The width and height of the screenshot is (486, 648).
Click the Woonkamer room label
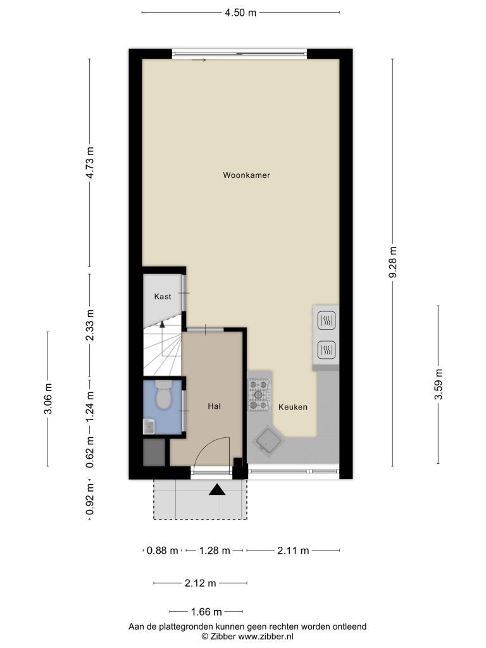[246, 175]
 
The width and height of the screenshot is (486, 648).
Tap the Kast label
[163, 296]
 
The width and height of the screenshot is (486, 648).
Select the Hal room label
[214, 406]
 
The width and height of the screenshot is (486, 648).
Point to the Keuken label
[292, 407]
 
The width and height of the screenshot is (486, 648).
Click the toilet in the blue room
[163, 395]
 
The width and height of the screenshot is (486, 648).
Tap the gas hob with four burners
[259, 396]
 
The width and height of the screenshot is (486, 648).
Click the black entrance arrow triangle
[217, 490]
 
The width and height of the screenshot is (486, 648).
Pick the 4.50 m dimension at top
[240, 13]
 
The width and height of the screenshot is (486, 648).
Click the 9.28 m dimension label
[393, 262]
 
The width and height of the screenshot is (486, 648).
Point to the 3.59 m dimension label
[439, 384]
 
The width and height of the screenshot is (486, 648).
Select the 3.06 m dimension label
[48, 399]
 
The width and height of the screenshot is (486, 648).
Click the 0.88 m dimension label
[163, 551]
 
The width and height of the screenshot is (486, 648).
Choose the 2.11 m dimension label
[293, 551]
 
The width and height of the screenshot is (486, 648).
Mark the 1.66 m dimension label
[206, 612]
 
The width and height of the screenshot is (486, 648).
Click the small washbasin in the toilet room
[149, 427]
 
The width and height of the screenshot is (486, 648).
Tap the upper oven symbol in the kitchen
[326, 320]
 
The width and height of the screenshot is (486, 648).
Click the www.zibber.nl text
[266, 637]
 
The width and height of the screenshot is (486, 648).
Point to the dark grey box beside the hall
[154, 452]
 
